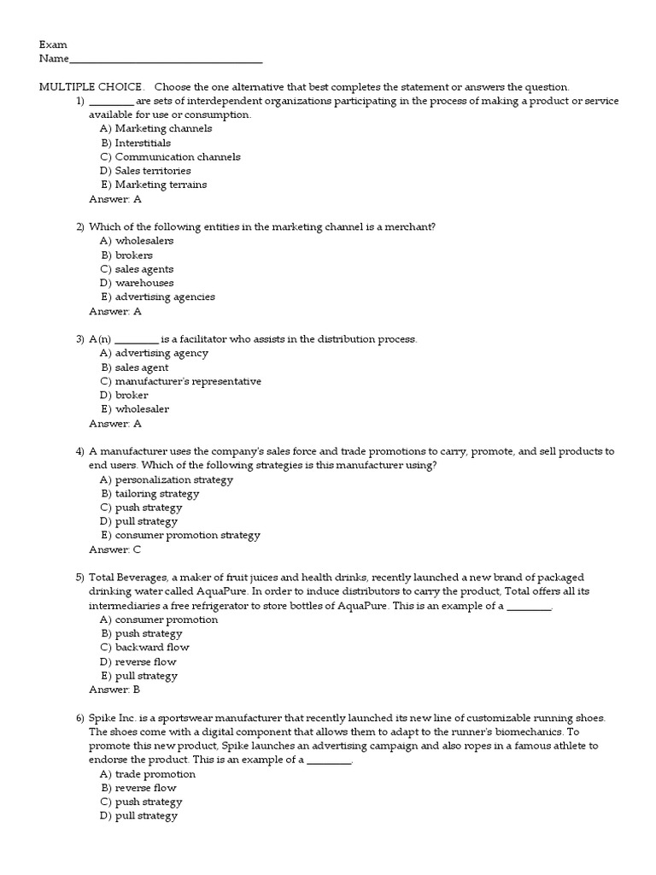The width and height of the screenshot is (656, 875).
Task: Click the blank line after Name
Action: tap(165, 60)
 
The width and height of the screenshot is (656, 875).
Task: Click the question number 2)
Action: tap(80, 226)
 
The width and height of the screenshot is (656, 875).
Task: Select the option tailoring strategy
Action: tap(149, 493)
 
